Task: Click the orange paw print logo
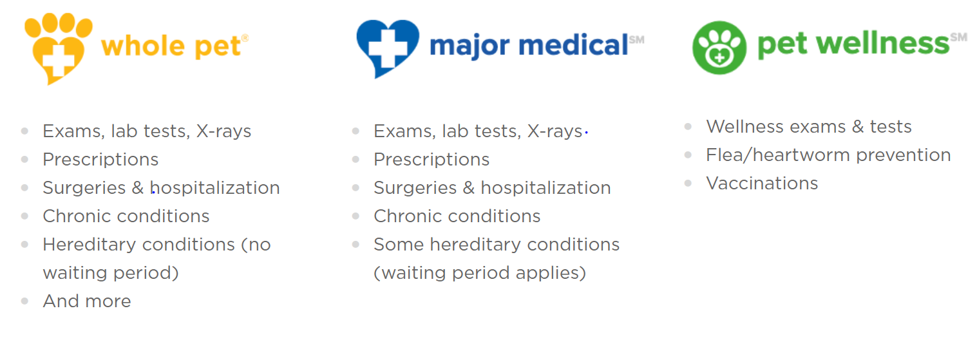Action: (x=59, y=48)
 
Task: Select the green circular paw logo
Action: (x=719, y=48)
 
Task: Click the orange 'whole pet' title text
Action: (x=171, y=46)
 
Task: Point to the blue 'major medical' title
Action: (x=528, y=45)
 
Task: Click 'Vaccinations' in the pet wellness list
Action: (x=762, y=184)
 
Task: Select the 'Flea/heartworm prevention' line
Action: (x=828, y=155)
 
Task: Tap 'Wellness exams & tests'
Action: (x=809, y=127)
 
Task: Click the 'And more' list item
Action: (x=87, y=301)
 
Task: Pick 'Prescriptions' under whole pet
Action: (x=100, y=160)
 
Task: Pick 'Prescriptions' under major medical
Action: (x=432, y=160)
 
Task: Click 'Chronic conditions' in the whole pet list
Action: (x=126, y=216)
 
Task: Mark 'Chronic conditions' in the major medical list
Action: (x=457, y=216)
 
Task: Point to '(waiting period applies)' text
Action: (x=480, y=273)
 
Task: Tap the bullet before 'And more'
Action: (x=25, y=301)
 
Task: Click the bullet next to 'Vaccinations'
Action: (x=688, y=184)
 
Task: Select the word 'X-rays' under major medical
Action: (x=555, y=131)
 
